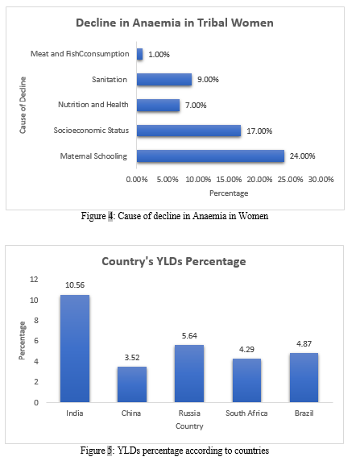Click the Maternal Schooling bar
click(x=210, y=156)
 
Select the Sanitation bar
click(x=164, y=79)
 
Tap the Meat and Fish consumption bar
click(x=140, y=54)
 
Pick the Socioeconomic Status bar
click(x=189, y=131)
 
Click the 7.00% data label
click(x=196, y=106)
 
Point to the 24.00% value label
click(x=302, y=156)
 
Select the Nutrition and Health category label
click(x=93, y=105)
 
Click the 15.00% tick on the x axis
click(x=229, y=180)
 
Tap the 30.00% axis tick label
click(x=321, y=180)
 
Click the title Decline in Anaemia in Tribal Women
click(x=175, y=23)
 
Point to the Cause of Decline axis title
click(x=23, y=105)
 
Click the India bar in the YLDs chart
click(x=75, y=348)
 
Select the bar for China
click(x=132, y=384)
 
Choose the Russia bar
click(x=189, y=373)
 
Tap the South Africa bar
click(x=246, y=380)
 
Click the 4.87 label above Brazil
click(x=304, y=343)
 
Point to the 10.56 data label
click(x=75, y=284)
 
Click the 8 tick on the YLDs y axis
click(x=36, y=321)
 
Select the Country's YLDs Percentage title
click(x=174, y=261)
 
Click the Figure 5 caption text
click(x=175, y=451)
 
